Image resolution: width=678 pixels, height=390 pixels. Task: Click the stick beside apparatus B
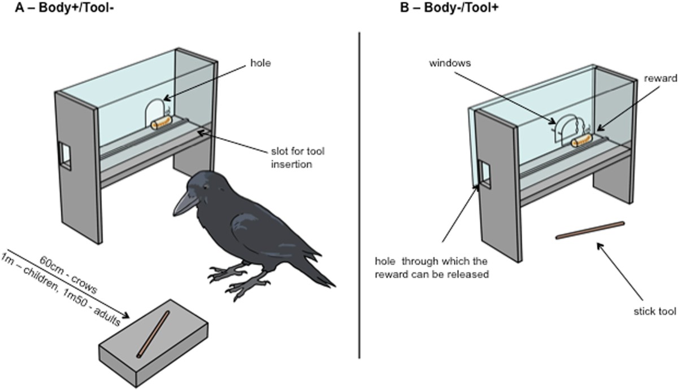[590, 230]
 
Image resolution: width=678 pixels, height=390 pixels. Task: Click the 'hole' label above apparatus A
[262, 64]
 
